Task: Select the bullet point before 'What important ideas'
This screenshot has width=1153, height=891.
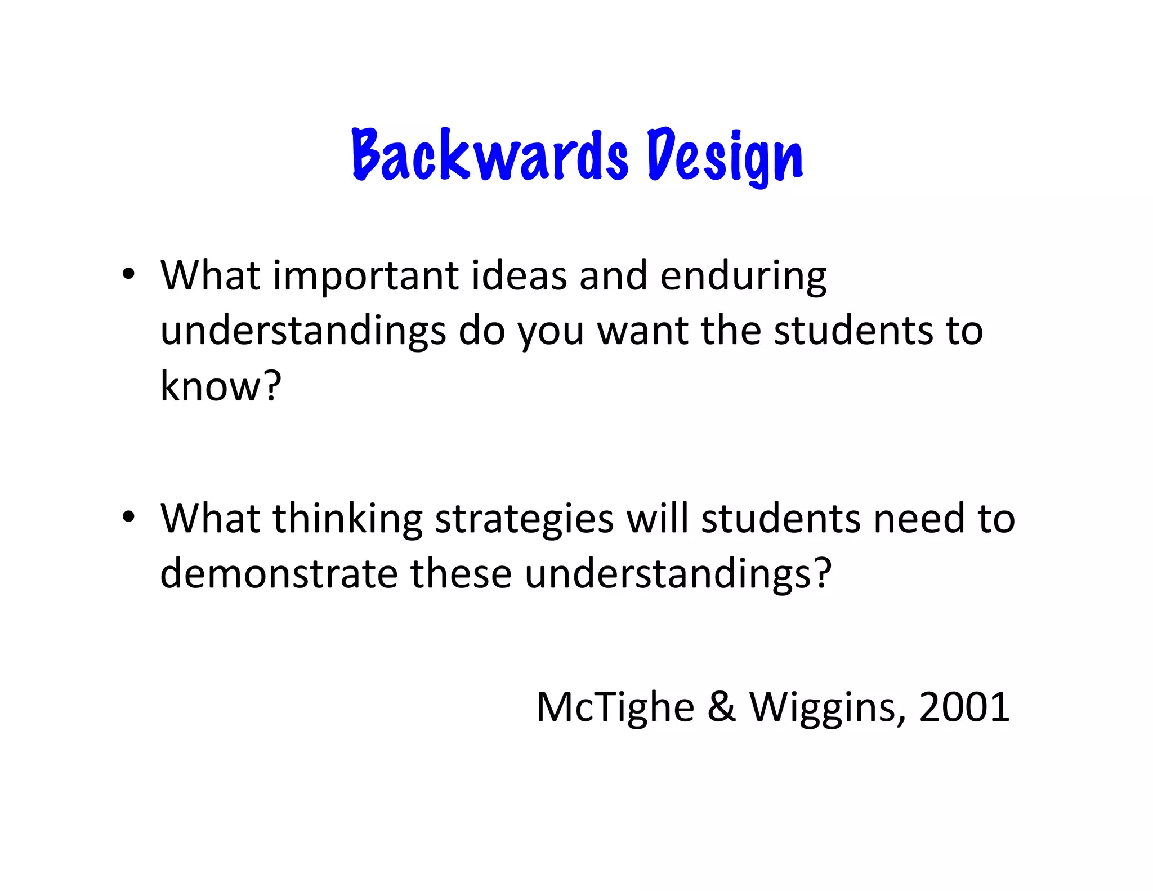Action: click(129, 275)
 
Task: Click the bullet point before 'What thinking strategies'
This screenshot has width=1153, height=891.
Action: click(129, 516)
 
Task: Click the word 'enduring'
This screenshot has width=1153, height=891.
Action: click(743, 277)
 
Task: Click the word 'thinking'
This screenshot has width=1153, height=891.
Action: click(347, 519)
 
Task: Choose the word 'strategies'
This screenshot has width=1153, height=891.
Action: click(524, 520)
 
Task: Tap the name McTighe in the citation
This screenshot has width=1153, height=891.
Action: click(615, 707)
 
